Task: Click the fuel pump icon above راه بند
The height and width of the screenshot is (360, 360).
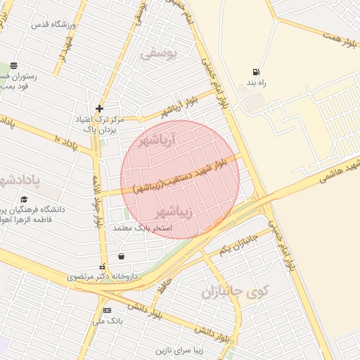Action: [x=255, y=71]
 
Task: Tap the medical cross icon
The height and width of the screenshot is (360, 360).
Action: [x=100, y=108]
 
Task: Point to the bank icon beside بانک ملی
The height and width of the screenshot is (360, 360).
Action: [x=107, y=310]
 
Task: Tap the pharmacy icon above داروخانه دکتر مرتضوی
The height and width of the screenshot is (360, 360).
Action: [x=103, y=266]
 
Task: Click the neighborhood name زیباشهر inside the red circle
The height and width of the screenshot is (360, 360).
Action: [x=171, y=212]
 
